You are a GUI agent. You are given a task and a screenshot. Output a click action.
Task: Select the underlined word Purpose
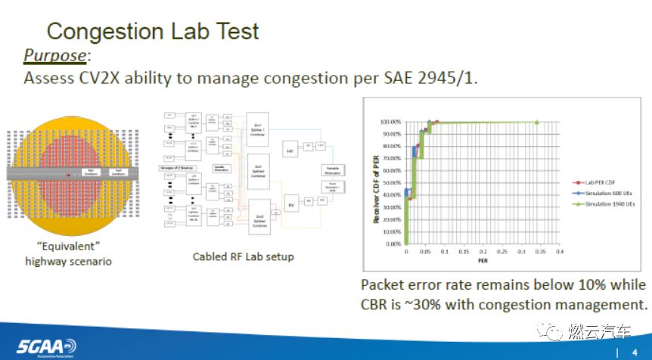tap(55, 56)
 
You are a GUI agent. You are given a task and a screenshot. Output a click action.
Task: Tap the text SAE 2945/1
tap(427, 78)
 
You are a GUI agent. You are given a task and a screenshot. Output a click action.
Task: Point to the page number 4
tap(634, 352)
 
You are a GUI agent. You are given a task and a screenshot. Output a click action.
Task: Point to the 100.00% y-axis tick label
tap(390, 122)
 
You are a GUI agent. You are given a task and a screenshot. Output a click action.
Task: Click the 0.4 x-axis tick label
tap(560, 251)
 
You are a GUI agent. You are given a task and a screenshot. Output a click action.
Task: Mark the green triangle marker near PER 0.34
tap(537, 122)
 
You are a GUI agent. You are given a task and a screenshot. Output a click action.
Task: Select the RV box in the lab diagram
tap(291, 202)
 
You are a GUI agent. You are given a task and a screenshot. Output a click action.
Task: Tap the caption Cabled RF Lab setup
tap(243, 256)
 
